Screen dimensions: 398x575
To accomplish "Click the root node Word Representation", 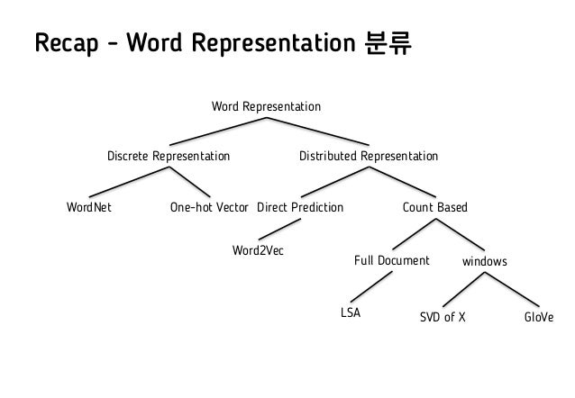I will coord(265,107).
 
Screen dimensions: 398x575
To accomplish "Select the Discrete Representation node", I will coord(169,157).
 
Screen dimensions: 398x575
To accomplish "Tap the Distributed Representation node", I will coord(368,157).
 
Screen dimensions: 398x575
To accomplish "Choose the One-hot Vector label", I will coord(208,208).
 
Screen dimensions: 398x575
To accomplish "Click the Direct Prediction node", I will coord(300,208).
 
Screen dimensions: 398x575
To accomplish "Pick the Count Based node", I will coord(434,208).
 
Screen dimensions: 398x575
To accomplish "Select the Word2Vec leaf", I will coord(258,248).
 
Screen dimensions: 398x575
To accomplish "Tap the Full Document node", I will coord(391,261).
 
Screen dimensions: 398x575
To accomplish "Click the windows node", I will coord(484,262).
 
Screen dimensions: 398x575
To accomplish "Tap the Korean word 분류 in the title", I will coord(389,43).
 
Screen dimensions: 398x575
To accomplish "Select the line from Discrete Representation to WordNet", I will coord(125,184).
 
